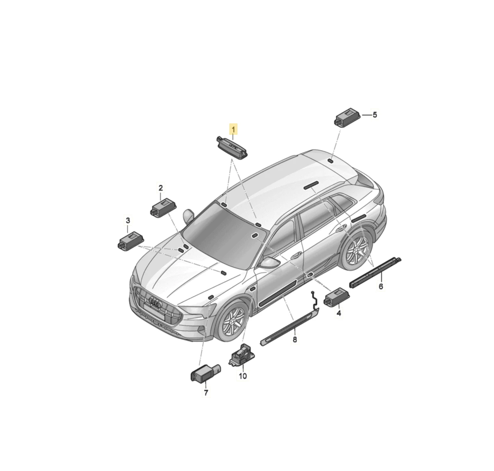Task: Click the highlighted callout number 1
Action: [x=233, y=129]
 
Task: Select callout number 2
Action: [x=161, y=188]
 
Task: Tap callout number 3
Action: [x=128, y=221]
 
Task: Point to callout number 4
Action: [x=339, y=313]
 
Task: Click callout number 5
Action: [x=375, y=115]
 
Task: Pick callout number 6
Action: [x=381, y=286]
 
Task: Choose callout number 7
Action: [x=206, y=393]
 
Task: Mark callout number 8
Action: [x=295, y=339]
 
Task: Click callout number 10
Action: [x=243, y=376]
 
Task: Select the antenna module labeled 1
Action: [x=232, y=146]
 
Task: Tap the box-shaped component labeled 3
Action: [x=131, y=240]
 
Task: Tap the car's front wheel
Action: [x=233, y=321]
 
